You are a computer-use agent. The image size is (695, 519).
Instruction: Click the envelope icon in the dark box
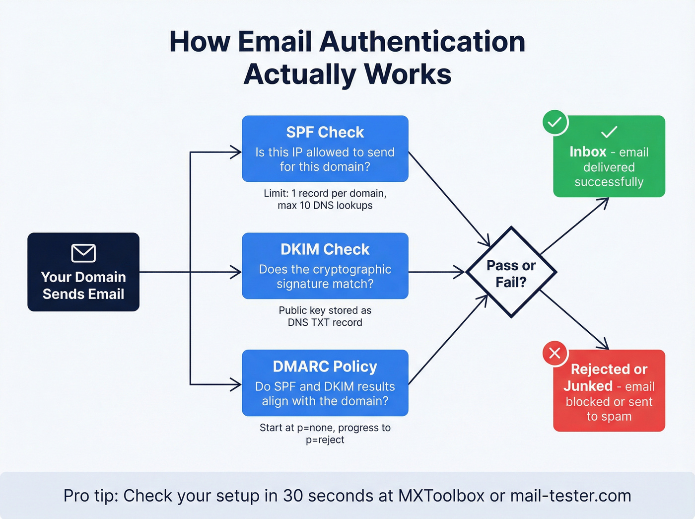pyautogui.click(x=83, y=253)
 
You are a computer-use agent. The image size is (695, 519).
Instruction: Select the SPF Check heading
pyautogui.click(x=325, y=133)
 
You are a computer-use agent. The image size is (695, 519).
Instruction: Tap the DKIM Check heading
pyautogui.click(x=325, y=249)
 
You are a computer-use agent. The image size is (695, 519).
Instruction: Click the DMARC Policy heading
pyautogui.click(x=325, y=367)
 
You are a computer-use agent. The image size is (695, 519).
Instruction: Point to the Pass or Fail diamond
pyautogui.click(x=511, y=273)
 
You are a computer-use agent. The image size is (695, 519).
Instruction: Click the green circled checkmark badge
pyautogui.click(x=555, y=122)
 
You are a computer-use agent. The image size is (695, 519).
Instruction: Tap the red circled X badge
pyautogui.click(x=555, y=353)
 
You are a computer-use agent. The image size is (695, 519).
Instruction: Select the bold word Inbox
pyautogui.click(x=588, y=152)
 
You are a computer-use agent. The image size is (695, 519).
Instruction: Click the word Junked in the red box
pyautogui.click(x=588, y=386)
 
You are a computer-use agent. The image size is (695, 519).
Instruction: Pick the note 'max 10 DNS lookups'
pyautogui.click(x=325, y=206)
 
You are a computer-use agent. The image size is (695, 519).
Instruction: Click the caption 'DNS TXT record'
pyautogui.click(x=325, y=323)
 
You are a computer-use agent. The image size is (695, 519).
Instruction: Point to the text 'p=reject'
pyautogui.click(x=325, y=440)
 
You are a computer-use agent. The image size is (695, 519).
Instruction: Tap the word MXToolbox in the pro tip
pyautogui.click(x=441, y=496)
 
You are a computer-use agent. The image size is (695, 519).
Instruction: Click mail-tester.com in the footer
pyautogui.click(x=570, y=496)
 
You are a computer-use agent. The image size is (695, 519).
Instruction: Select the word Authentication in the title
pyautogui.click(x=422, y=42)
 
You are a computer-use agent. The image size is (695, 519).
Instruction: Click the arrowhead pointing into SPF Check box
pyautogui.click(x=236, y=152)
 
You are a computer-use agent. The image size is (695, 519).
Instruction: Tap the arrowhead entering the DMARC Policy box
pyautogui.click(x=236, y=384)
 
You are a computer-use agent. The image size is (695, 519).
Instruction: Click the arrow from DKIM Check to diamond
pyautogui.click(x=437, y=272)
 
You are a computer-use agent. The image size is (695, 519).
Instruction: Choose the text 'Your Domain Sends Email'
pyautogui.click(x=83, y=286)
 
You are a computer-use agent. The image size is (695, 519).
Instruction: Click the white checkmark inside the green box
pyautogui.click(x=609, y=132)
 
